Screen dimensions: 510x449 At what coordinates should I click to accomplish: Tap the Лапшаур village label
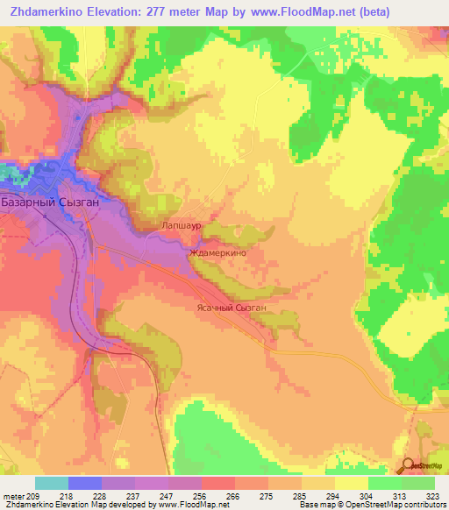[182, 225]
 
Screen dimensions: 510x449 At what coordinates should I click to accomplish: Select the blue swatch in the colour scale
[84, 483]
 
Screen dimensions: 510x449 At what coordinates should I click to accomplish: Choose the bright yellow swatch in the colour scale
[351, 483]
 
